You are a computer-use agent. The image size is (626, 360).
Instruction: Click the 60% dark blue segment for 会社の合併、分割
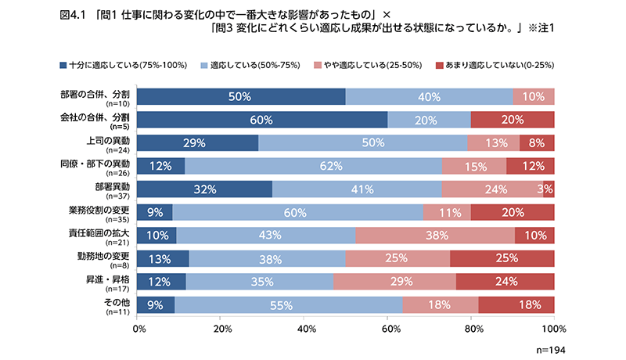pos(262,120)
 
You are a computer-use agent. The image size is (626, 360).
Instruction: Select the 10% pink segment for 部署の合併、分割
pos(534,97)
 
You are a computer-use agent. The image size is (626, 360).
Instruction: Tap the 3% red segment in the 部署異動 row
pos(549,189)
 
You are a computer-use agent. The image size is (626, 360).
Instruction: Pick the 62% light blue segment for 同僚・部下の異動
pos(314,167)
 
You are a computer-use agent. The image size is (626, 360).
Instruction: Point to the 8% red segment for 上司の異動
pos(537,143)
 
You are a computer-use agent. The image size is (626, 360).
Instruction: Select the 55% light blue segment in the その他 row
pos(288,305)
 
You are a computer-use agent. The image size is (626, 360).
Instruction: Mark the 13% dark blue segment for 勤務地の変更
pos(164,259)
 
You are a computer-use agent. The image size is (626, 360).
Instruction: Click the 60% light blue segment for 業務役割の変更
pos(298,213)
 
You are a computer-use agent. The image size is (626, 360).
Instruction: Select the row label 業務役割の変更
pos(95,208)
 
